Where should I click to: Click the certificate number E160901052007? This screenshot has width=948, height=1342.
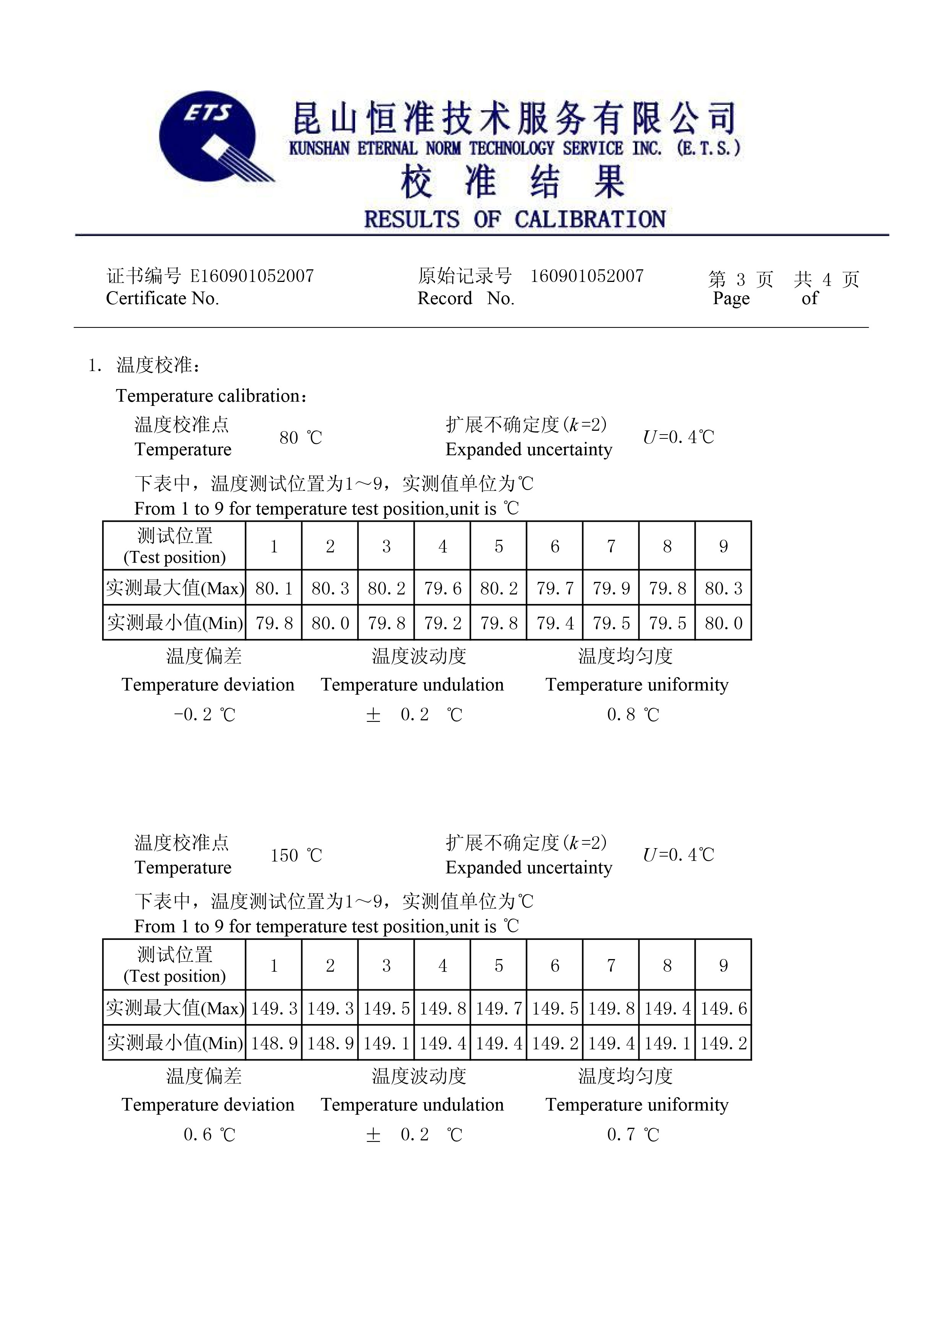(252, 275)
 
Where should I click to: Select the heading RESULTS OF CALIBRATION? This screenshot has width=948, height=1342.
(515, 219)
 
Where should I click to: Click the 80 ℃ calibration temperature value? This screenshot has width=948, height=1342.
(300, 437)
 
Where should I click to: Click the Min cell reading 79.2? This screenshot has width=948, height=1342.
(442, 623)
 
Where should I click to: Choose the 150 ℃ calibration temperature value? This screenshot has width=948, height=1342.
(295, 856)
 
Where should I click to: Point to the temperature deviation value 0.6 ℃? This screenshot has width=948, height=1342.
(209, 1135)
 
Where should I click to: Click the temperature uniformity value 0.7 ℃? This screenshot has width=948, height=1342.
(633, 1135)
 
